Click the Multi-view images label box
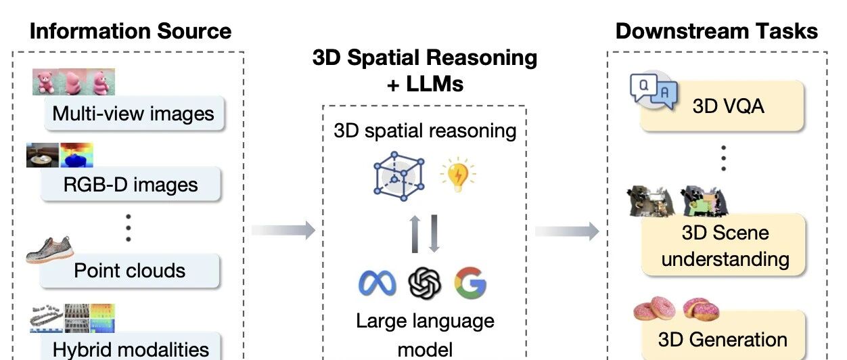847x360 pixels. (x=133, y=114)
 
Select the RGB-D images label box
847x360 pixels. (x=131, y=185)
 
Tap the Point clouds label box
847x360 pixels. (x=130, y=271)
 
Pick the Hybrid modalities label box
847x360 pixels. (x=131, y=348)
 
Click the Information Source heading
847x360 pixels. (x=131, y=30)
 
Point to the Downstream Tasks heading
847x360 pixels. (x=716, y=30)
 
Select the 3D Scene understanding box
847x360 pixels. (x=725, y=246)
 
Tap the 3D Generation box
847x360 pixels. (x=723, y=338)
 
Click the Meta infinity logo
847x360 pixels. (x=377, y=283)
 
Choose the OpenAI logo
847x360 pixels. (x=425, y=283)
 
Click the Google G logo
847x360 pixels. (x=470, y=283)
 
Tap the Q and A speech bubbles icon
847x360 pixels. (x=654, y=91)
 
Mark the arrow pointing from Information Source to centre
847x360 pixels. (x=283, y=230)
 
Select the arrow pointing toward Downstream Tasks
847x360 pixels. (x=567, y=231)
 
